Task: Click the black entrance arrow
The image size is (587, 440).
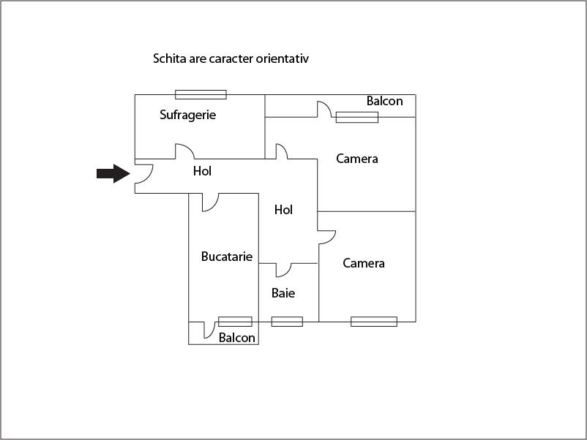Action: [113, 173]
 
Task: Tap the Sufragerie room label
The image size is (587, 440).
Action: [188, 115]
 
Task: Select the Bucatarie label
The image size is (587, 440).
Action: [227, 257]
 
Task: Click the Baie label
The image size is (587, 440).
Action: [283, 293]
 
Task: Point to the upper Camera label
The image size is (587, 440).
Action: [357, 159]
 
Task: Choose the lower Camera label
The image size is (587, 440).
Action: [364, 263]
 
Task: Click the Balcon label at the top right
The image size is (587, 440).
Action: [384, 101]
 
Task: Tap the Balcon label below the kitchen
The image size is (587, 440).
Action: [237, 338]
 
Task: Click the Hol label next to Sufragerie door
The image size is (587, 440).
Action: [202, 171]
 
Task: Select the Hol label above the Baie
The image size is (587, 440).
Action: [283, 210]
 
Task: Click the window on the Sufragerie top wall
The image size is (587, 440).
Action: [201, 94]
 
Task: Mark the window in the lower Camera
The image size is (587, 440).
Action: [374, 322]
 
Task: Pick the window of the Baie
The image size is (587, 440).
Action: [287, 322]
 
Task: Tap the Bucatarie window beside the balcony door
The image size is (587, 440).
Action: [235, 322]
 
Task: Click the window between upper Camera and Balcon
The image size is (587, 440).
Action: [356, 117]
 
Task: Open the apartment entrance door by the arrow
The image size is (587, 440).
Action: [143, 172]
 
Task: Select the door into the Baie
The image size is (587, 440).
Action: [283, 270]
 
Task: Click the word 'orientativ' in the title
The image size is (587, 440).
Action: [282, 58]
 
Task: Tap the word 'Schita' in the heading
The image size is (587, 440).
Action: [170, 58]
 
